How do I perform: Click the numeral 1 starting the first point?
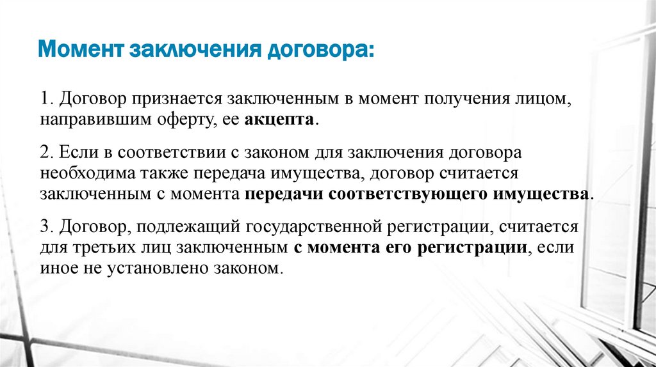point(44,100)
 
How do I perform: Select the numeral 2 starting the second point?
point(44,154)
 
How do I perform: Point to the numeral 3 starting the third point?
point(44,227)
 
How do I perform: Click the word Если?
point(73,154)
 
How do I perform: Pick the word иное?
point(54,268)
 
